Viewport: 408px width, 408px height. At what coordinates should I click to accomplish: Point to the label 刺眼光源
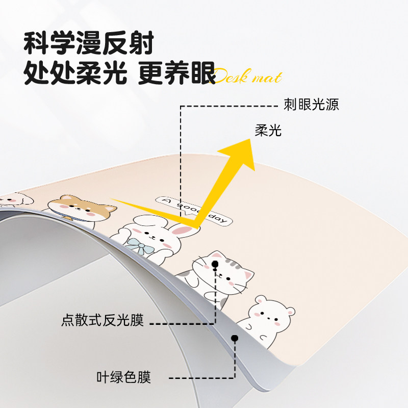(x=311, y=105)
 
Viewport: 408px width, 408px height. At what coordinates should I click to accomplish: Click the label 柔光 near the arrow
(x=268, y=131)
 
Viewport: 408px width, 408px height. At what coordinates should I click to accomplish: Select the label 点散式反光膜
(x=103, y=321)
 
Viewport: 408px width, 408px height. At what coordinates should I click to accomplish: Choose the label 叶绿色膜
(x=124, y=377)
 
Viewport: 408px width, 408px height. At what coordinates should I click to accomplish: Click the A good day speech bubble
(x=194, y=210)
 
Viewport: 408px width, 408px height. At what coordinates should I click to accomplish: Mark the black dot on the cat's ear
(x=215, y=264)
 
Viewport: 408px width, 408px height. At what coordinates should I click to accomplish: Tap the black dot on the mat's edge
(x=235, y=338)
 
